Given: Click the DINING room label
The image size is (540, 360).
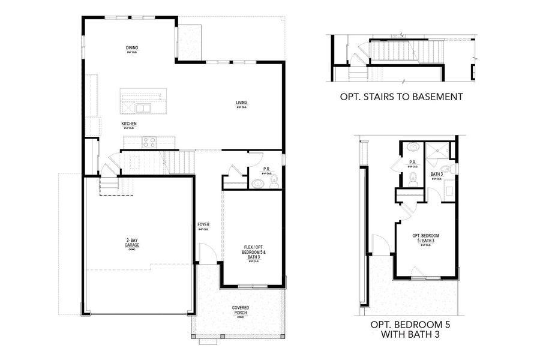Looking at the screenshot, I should pos(131,49).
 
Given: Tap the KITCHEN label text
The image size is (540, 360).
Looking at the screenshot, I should pos(129,124).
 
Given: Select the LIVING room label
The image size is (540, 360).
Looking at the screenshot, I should pos(241,103).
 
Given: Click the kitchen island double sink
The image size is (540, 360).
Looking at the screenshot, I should pos(143,108).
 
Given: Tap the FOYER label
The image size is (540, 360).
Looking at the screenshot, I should pos(203,226).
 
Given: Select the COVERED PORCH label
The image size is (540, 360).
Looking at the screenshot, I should pos(241,310).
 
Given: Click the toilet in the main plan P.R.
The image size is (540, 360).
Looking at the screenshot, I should pos(274,180).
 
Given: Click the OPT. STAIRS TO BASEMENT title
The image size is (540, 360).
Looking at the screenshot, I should pos(401,97).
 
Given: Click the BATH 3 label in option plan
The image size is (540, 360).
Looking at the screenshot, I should pos(437,175).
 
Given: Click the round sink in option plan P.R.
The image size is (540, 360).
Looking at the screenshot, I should pos(413,148).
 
